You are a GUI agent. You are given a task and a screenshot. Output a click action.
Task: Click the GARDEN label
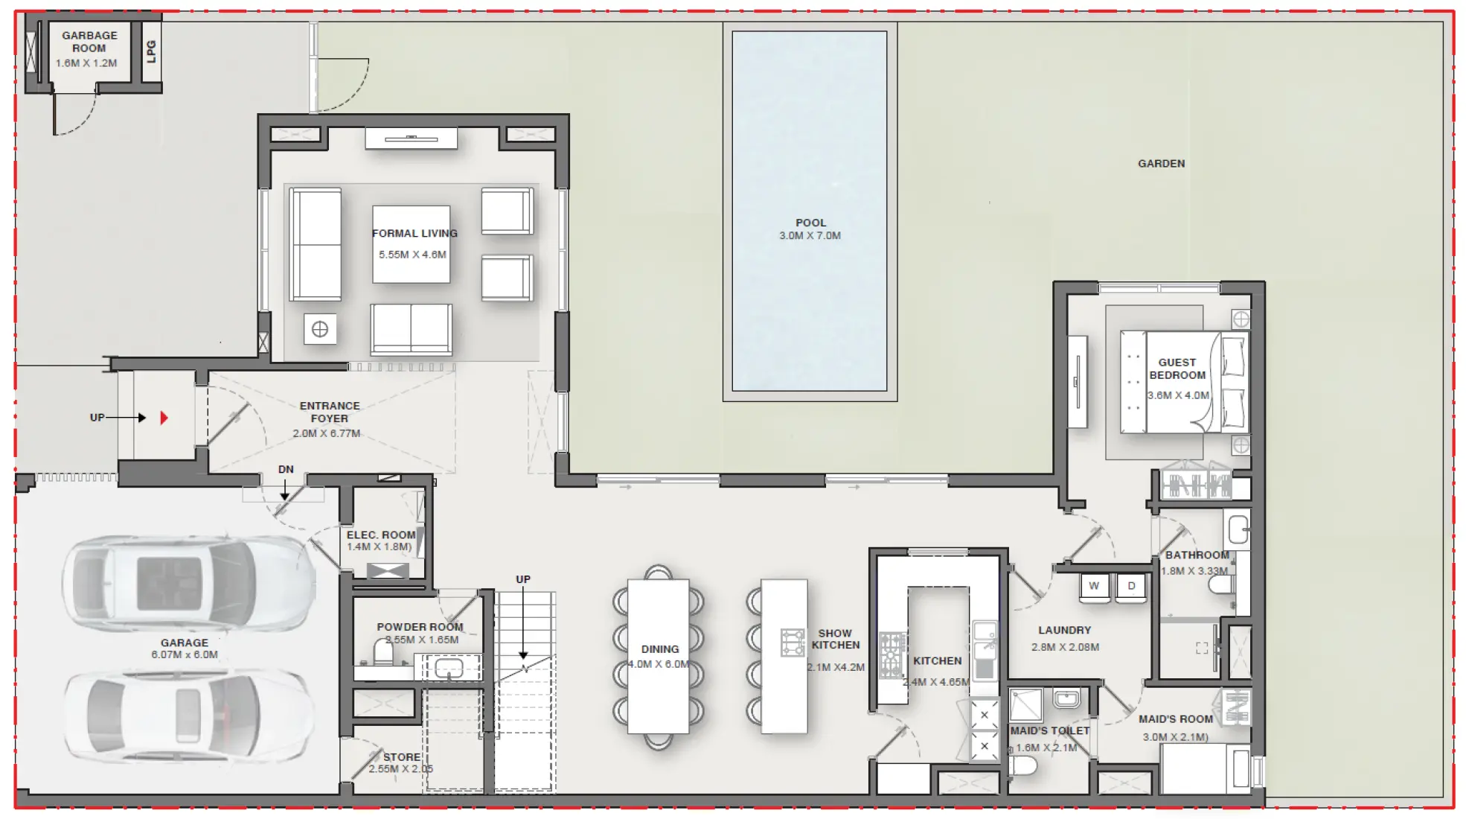tap(1161, 164)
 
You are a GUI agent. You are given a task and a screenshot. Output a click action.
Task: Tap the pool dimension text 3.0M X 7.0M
tap(810, 236)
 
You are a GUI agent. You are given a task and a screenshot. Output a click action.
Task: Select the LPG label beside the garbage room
tap(151, 51)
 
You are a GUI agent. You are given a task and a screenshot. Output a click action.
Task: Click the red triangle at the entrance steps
tap(164, 418)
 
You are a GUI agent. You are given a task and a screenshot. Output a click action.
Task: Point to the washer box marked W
tap(1094, 586)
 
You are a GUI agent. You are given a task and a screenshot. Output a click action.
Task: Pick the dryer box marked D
tap(1131, 586)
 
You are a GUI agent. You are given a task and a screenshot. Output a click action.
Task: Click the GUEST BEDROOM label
tap(1177, 369)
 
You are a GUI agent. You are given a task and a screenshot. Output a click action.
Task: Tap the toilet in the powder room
tap(382, 654)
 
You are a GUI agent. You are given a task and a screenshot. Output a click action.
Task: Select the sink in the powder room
tap(449, 668)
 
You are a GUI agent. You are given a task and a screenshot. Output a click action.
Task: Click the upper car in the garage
tap(186, 582)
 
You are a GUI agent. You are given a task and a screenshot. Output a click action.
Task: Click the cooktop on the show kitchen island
tap(792, 642)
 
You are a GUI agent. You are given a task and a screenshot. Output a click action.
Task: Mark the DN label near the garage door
tap(286, 470)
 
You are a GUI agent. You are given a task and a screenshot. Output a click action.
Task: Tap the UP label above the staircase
tap(523, 579)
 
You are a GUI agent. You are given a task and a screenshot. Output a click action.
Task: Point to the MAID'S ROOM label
tap(1175, 719)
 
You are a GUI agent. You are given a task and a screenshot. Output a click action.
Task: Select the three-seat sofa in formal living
tap(316, 244)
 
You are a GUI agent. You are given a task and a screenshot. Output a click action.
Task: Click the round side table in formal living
tap(320, 329)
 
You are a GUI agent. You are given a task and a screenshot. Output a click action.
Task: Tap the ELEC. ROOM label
tap(380, 535)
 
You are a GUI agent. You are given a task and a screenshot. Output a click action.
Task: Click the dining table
tap(658, 657)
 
